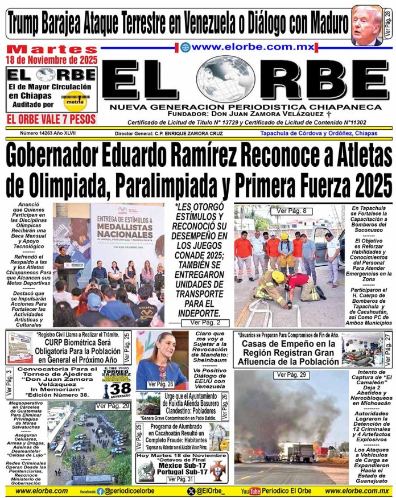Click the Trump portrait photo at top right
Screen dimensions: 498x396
click(x=367, y=24)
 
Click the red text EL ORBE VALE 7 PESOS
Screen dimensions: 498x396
click(x=51, y=119)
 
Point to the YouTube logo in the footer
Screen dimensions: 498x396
click(x=250, y=491)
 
